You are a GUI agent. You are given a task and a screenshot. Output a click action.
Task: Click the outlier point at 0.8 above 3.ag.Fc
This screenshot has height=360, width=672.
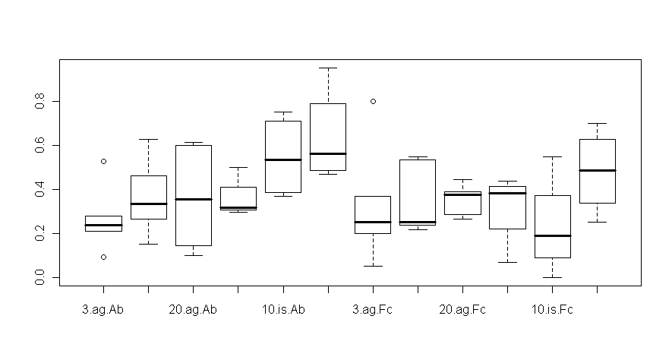[373, 101]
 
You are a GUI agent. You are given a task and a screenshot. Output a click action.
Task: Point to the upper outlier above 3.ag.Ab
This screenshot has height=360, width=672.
[103, 161]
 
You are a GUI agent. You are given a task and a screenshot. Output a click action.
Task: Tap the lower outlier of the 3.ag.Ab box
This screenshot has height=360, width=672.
[103, 257]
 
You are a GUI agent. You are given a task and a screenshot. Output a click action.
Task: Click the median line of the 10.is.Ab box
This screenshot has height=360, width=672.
[282, 159]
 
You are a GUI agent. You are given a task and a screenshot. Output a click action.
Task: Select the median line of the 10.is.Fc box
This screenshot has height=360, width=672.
[552, 235]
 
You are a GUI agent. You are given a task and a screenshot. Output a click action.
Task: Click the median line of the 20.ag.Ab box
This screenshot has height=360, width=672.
[193, 199]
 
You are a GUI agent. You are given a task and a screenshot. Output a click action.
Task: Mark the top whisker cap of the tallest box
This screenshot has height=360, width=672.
[327, 68]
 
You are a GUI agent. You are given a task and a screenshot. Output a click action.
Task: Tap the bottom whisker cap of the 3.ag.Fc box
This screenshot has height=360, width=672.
[373, 266]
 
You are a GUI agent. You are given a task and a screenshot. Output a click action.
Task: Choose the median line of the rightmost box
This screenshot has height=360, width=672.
[597, 170]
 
